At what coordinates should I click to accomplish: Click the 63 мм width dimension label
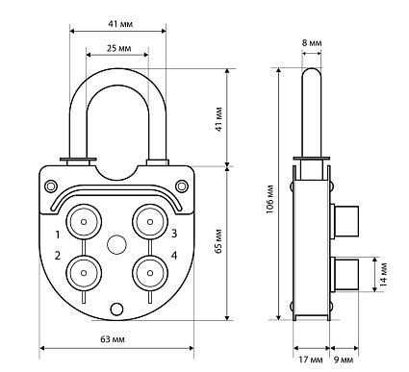[113, 339]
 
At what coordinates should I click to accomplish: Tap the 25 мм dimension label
[119, 48]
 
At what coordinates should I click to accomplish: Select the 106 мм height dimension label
[270, 199]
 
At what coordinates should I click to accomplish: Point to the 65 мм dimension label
[218, 241]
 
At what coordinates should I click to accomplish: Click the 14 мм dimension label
[383, 275]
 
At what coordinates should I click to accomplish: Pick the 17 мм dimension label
[311, 360]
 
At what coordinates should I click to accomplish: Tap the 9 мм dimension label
[344, 360]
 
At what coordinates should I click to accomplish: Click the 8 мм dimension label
[312, 43]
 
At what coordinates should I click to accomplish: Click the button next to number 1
[84, 221]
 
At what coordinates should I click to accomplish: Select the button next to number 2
[84, 273]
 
